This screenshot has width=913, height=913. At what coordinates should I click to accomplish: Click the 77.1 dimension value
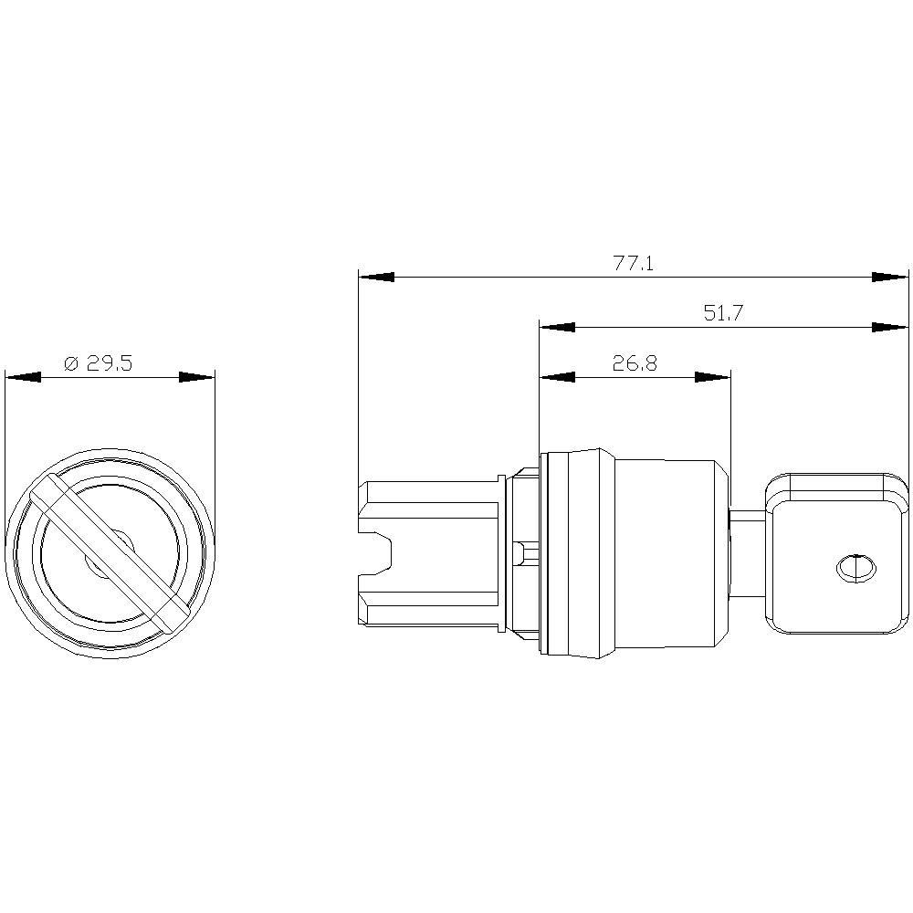(633, 264)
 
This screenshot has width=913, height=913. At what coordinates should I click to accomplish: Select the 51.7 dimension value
(723, 313)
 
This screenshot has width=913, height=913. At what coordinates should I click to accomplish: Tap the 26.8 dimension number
(635, 363)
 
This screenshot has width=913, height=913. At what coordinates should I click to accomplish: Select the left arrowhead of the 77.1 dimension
(376, 277)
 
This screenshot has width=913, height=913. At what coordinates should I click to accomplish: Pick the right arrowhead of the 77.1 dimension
(890, 277)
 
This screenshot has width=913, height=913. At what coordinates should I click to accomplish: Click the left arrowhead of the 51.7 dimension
(557, 327)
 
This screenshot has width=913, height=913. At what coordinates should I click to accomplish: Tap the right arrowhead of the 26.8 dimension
(713, 377)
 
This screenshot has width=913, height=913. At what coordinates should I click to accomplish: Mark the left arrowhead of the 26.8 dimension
(557, 377)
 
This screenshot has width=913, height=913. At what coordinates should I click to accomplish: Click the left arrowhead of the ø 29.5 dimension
(23, 377)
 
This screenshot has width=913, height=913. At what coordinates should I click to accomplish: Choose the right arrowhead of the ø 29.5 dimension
(196, 377)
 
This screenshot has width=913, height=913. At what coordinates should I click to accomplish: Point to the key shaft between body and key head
(748, 553)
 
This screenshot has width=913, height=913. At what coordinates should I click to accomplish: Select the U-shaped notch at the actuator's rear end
(377, 554)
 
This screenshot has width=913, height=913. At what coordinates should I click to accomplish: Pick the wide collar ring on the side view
(575, 553)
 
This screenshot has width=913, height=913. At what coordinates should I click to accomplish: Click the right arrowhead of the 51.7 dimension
(890, 327)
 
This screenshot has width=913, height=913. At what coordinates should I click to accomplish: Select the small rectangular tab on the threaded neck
(519, 553)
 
